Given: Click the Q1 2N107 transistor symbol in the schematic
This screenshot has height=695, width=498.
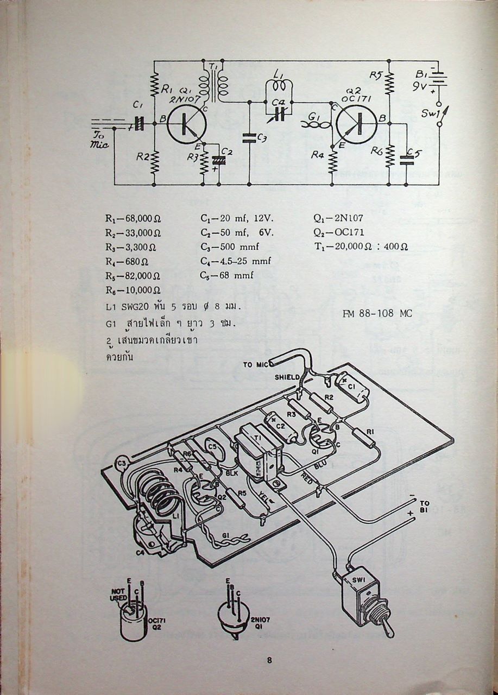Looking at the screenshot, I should pos(186,124).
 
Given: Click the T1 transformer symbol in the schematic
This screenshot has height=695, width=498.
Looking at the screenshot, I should pos(213,84).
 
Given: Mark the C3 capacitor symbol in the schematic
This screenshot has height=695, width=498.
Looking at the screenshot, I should pos(249,138).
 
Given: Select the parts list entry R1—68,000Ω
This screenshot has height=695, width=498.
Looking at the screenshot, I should pos(133,219).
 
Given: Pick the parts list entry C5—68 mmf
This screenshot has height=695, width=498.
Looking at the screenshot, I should pos(226,275).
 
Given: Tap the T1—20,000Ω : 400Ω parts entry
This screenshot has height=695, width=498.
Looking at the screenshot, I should pos(361,247).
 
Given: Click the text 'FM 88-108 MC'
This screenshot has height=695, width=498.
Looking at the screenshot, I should pos(377,314).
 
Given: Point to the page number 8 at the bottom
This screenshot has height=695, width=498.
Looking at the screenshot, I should pos(269,660).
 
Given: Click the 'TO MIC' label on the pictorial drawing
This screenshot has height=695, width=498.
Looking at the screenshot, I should pos(255,364).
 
